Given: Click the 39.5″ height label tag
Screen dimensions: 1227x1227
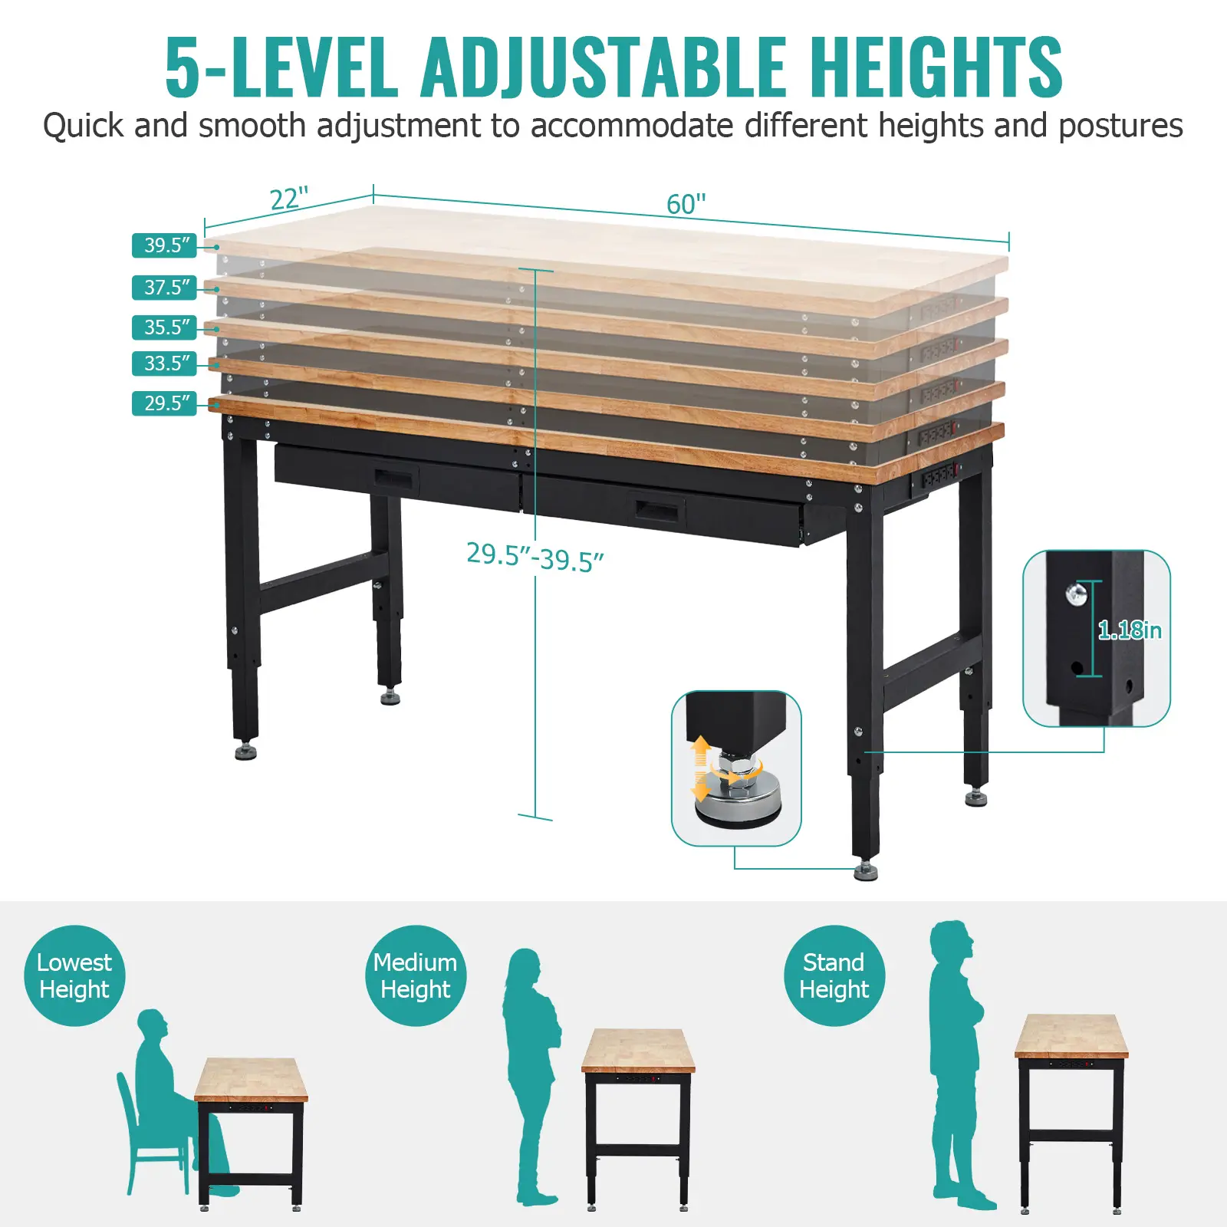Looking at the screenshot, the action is point(165,245).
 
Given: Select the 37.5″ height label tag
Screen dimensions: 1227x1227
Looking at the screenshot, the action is point(165,288).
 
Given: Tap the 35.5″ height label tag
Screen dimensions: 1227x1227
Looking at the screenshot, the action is point(165,327).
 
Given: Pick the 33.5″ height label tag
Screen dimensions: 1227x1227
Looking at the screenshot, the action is point(165,363).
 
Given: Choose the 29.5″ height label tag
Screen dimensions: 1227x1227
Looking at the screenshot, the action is point(165,403).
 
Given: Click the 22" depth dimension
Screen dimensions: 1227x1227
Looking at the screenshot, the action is point(289,199).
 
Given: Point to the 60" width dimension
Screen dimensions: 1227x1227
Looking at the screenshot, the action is point(686,204).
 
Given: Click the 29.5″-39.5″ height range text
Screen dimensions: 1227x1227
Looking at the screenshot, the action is point(535,558).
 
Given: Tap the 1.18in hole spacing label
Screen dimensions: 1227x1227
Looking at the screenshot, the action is point(1130,630).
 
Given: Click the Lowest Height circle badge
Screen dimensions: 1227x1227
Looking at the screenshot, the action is point(74,975).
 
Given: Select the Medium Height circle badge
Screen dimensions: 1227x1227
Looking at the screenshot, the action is point(416,975).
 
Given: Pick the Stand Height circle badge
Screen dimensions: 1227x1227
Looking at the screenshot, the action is point(834,975).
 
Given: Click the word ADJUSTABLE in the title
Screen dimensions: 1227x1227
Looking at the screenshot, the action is point(604,67).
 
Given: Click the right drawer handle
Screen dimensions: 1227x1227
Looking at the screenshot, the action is point(659,510).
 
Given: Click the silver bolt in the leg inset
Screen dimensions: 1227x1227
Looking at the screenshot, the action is point(1077,593).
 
